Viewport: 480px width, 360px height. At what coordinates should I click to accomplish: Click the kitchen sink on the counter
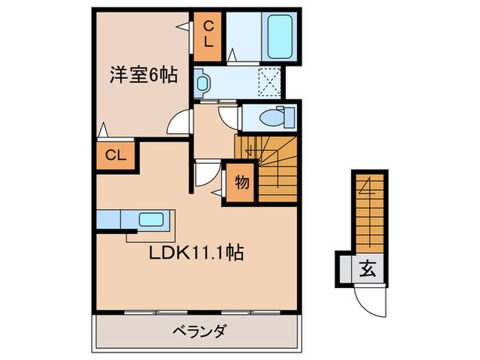pos(150,221)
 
